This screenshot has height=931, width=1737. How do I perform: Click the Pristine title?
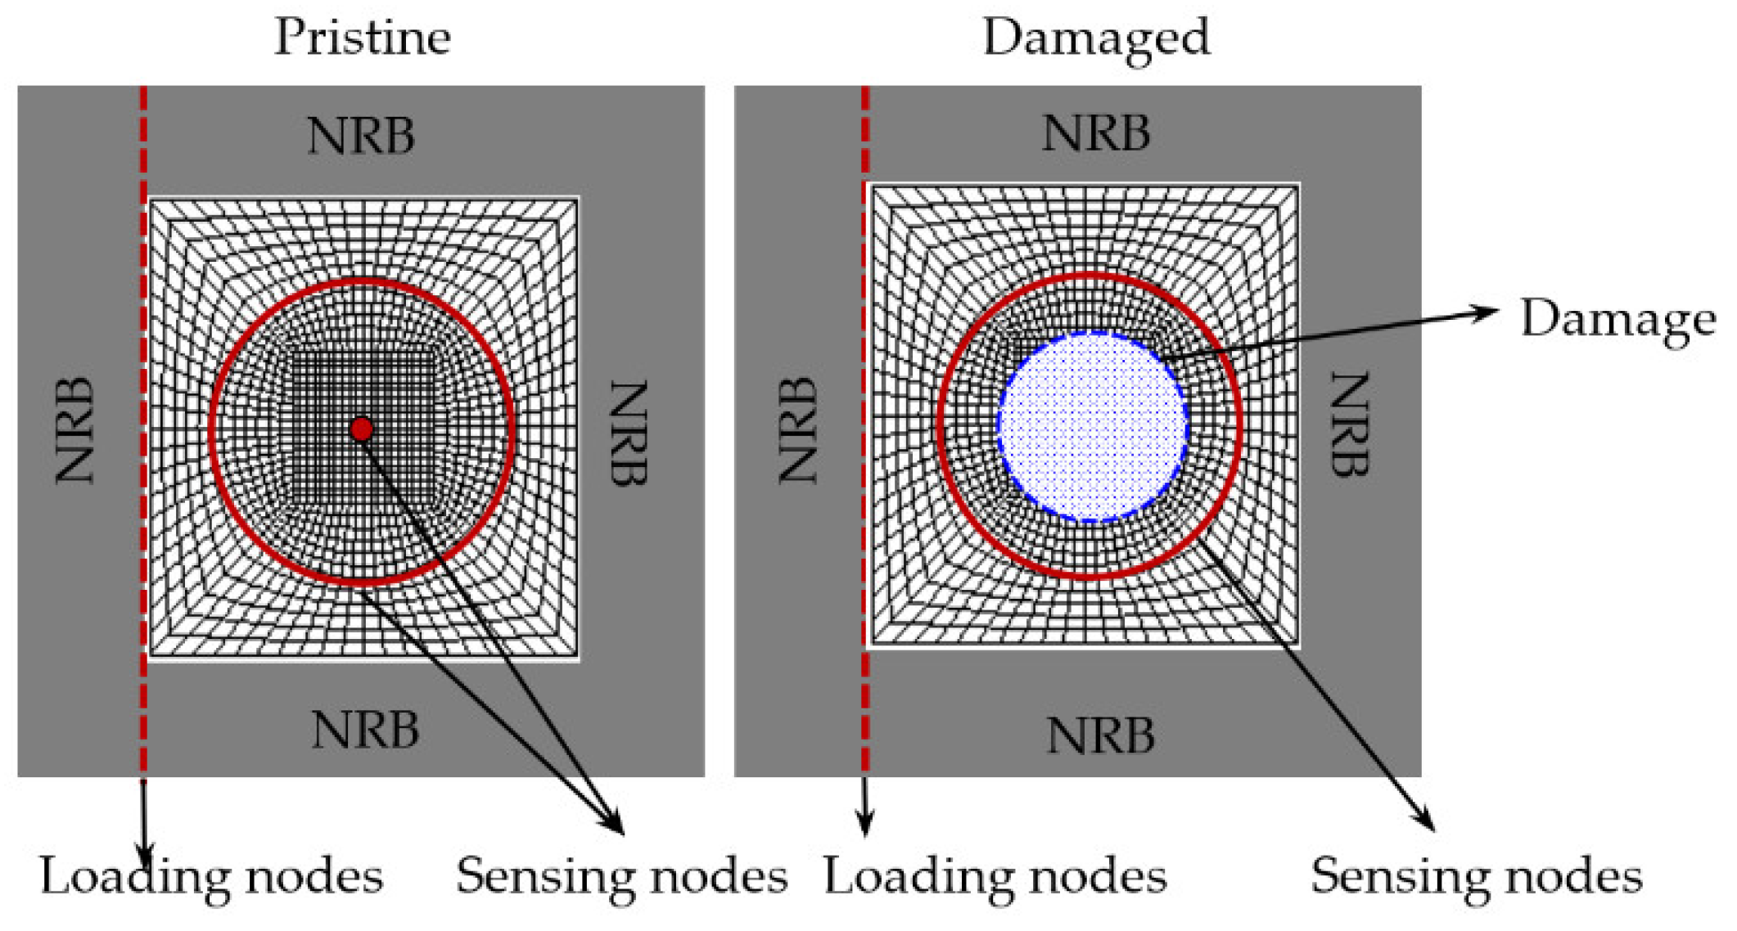pos(363,38)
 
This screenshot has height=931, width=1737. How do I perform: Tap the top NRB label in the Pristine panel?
pos(361,136)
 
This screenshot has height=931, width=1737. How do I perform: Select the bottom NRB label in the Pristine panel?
pos(365,730)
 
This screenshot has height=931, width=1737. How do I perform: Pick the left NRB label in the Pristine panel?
pos(75,430)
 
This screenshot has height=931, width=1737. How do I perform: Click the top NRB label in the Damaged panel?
pos(1096,133)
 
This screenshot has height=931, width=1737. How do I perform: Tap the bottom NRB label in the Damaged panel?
pos(1101,735)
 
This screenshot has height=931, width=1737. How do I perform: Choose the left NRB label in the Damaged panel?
pos(798,430)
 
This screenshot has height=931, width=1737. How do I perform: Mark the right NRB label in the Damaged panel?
pos(1349,425)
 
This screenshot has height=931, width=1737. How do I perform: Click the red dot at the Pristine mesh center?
pos(361,429)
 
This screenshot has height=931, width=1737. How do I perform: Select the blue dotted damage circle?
pos(1093,426)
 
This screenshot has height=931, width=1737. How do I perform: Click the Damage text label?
pos(1617,318)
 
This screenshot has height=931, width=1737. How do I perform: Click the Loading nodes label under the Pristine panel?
pos(211,876)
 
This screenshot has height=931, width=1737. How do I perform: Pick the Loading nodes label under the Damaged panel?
pos(995,876)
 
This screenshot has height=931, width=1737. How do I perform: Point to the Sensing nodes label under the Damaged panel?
pos(1477,876)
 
